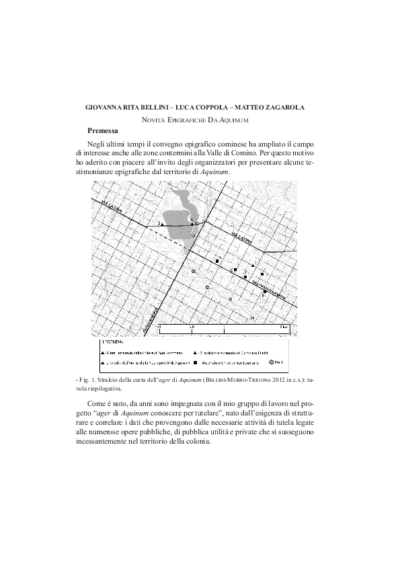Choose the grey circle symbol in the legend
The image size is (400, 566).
tap(272, 362)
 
